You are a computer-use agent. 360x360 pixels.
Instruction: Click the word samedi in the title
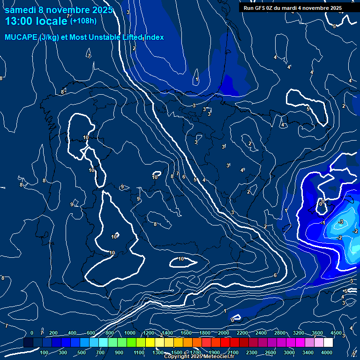click(x=20, y=10)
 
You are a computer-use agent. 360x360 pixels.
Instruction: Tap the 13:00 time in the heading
click(x=18, y=21)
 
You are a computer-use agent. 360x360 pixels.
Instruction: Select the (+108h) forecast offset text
click(x=83, y=21)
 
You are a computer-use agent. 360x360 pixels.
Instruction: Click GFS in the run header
click(x=261, y=8)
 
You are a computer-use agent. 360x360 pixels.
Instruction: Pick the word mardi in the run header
click(x=295, y=8)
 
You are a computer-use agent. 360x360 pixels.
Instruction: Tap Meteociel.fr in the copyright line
click(x=218, y=357)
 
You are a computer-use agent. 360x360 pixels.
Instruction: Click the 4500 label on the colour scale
click(x=337, y=333)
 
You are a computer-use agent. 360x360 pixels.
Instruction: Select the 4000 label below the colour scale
click(x=327, y=352)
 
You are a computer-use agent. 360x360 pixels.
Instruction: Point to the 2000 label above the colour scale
click(x=224, y=333)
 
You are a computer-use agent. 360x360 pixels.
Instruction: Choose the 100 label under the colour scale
click(x=45, y=352)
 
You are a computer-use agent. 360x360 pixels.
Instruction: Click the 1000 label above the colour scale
click(x=130, y=333)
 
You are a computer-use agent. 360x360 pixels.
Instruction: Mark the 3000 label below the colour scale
click(x=289, y=352)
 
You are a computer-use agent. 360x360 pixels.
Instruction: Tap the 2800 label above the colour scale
click(x=280, y=333)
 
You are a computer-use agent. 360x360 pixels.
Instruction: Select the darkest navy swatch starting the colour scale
click(x=28, y=343)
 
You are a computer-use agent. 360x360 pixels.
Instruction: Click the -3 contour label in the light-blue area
click(x=341, y=222)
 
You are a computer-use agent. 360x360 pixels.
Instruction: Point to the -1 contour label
click(x=323, y=223)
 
